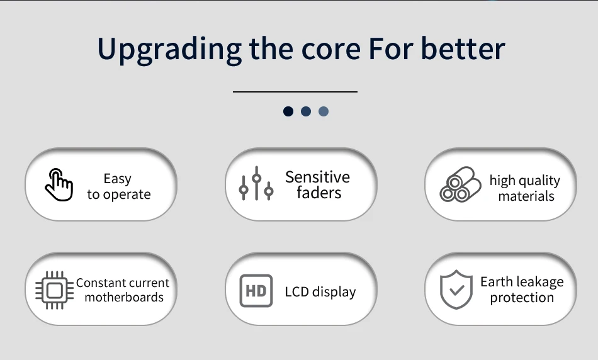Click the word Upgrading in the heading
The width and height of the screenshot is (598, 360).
pyautogui.click(x=169, y=50)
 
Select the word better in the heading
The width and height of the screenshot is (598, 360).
pyautogui.click(x=463, y=49)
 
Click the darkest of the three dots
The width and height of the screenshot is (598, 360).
pyautogui.click(x=288, y=111)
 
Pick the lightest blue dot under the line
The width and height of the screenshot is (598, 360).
pyautogui.click(x=324, y=111)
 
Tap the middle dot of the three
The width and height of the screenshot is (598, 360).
pyautogui.click(x=306, y=111)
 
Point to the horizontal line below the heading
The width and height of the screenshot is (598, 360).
pyautogui.click(x=295, y=91)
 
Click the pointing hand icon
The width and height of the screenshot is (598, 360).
pyautogui.click(x=59, y=184)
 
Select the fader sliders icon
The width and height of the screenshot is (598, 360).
pyautogui.click(x=256, y=183)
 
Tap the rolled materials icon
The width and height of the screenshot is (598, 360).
pyautogui.click(x=460, y=184)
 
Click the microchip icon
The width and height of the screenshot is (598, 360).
pyautogui.click(x=54, y=290)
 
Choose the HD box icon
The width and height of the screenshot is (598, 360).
pyautogui.click(x=256, y=291)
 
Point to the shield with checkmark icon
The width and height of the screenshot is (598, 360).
pyautogui.click(x=456, y=290)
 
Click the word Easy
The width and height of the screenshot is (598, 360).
pyautogui.click(x=118, y=179)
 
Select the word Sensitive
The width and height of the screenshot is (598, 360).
pyautogui.click(x=317, y=177)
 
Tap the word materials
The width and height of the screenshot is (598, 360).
pyautogui.click(x=526, y=196)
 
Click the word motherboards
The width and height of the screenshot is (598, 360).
pyautogui.click(x=124, y=297)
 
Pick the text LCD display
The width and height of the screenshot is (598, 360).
pyautogui.click(x=320, y=292)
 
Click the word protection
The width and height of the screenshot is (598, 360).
pyautogui.click(x=522, y=298)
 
